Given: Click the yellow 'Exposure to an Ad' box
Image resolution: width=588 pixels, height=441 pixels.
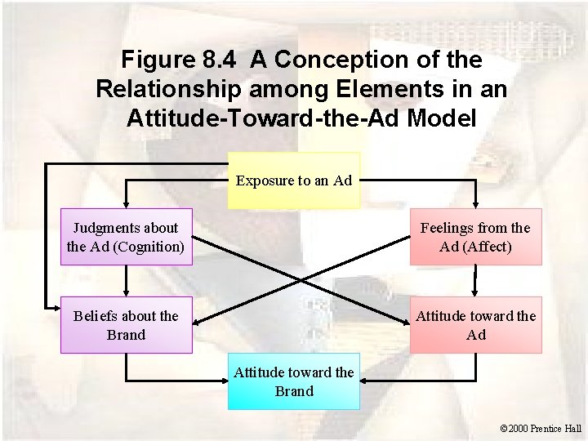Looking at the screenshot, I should point(293,180).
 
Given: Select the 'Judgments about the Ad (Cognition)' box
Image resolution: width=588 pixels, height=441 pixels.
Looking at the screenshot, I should point(126,237).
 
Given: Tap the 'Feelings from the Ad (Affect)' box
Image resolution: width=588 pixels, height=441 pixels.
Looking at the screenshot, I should point(475,237).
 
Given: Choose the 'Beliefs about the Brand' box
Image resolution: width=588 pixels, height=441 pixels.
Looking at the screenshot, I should point(126,325).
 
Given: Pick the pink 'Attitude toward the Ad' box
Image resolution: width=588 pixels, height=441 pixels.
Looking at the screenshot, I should point(475,325).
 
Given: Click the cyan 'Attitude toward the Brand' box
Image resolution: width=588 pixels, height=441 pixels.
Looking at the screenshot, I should point(293,382).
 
